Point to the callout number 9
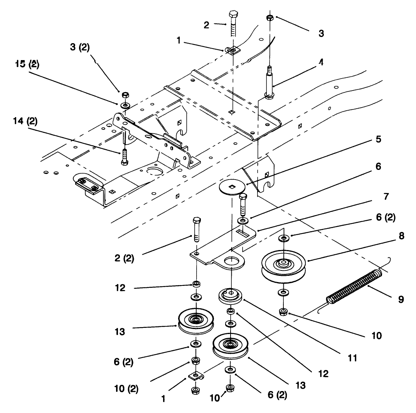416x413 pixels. pos(401,299)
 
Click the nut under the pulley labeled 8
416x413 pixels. pos(284,311)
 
